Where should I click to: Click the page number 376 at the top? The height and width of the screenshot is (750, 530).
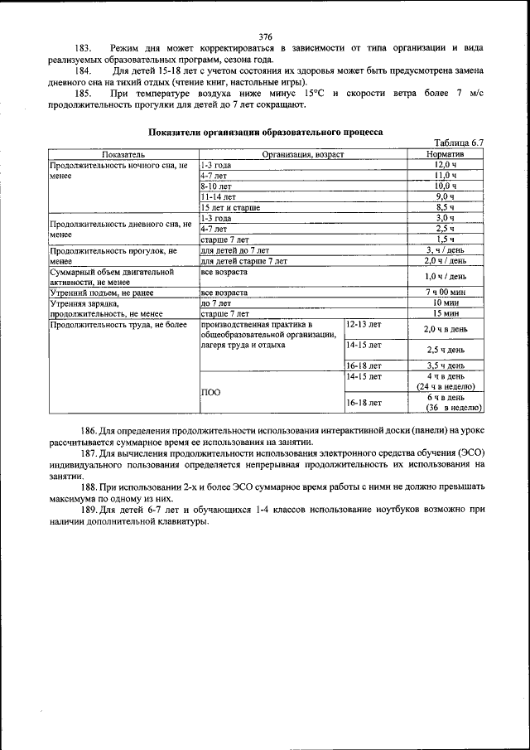point(265,36)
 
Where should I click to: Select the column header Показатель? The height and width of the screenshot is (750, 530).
point(123,154)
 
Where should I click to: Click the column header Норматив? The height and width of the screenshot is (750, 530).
point(446,154)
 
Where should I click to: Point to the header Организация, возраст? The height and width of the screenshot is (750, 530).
point(302,154)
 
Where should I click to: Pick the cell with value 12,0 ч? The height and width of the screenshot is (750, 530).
point(446,165)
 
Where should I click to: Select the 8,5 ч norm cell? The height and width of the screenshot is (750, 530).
point(446,207)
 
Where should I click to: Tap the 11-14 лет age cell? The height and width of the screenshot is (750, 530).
point(216,196)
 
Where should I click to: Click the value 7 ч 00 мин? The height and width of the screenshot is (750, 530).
point(446,293)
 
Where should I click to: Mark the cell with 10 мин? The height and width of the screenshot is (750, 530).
point(446,303)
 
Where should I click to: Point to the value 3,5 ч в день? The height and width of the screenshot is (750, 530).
point(446,365)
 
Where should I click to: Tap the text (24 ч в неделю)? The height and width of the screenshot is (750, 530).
point(446,386)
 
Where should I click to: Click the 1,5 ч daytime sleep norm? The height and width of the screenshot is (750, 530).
point(446,240)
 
